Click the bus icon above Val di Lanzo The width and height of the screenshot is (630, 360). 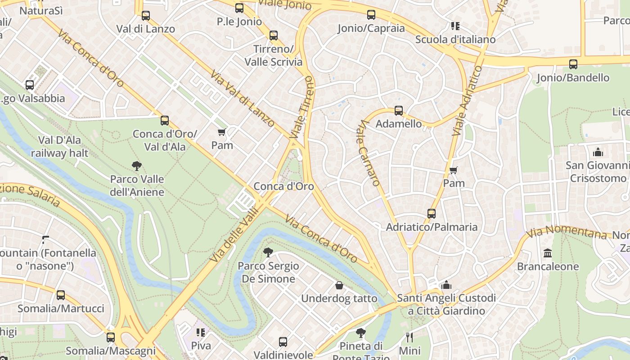click(x=146, y=16)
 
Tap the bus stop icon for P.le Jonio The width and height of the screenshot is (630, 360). click(x=239, y=8)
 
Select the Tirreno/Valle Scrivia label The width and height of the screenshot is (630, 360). click(x=274, y=55)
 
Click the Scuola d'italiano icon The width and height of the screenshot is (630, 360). click(x=455, y=26)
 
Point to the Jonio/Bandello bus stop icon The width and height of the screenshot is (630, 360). click(x=573, y=64)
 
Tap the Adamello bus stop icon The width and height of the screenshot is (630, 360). click(x=399, y=111)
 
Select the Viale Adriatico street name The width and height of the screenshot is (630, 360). click(x=466, y=101)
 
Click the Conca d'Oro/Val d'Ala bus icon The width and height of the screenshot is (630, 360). click(x=165, y=121)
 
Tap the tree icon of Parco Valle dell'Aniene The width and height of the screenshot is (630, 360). click(x=137, y=166)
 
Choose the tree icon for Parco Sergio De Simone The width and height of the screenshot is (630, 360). click(x=268, y=252)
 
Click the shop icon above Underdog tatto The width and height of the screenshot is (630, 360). click(x=339, y=285)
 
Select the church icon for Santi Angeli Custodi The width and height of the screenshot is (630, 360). click(x=446, y=285)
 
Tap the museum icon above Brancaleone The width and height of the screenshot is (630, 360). click(x=548, y=253)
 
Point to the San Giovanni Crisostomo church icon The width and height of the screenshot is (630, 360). click(x=598, y=152)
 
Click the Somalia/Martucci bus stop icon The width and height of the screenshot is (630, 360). click(x=61, y=295)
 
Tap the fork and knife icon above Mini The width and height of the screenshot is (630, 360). click(x=409, y=337)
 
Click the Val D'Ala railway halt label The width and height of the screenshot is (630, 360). click(x=59, y=147)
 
